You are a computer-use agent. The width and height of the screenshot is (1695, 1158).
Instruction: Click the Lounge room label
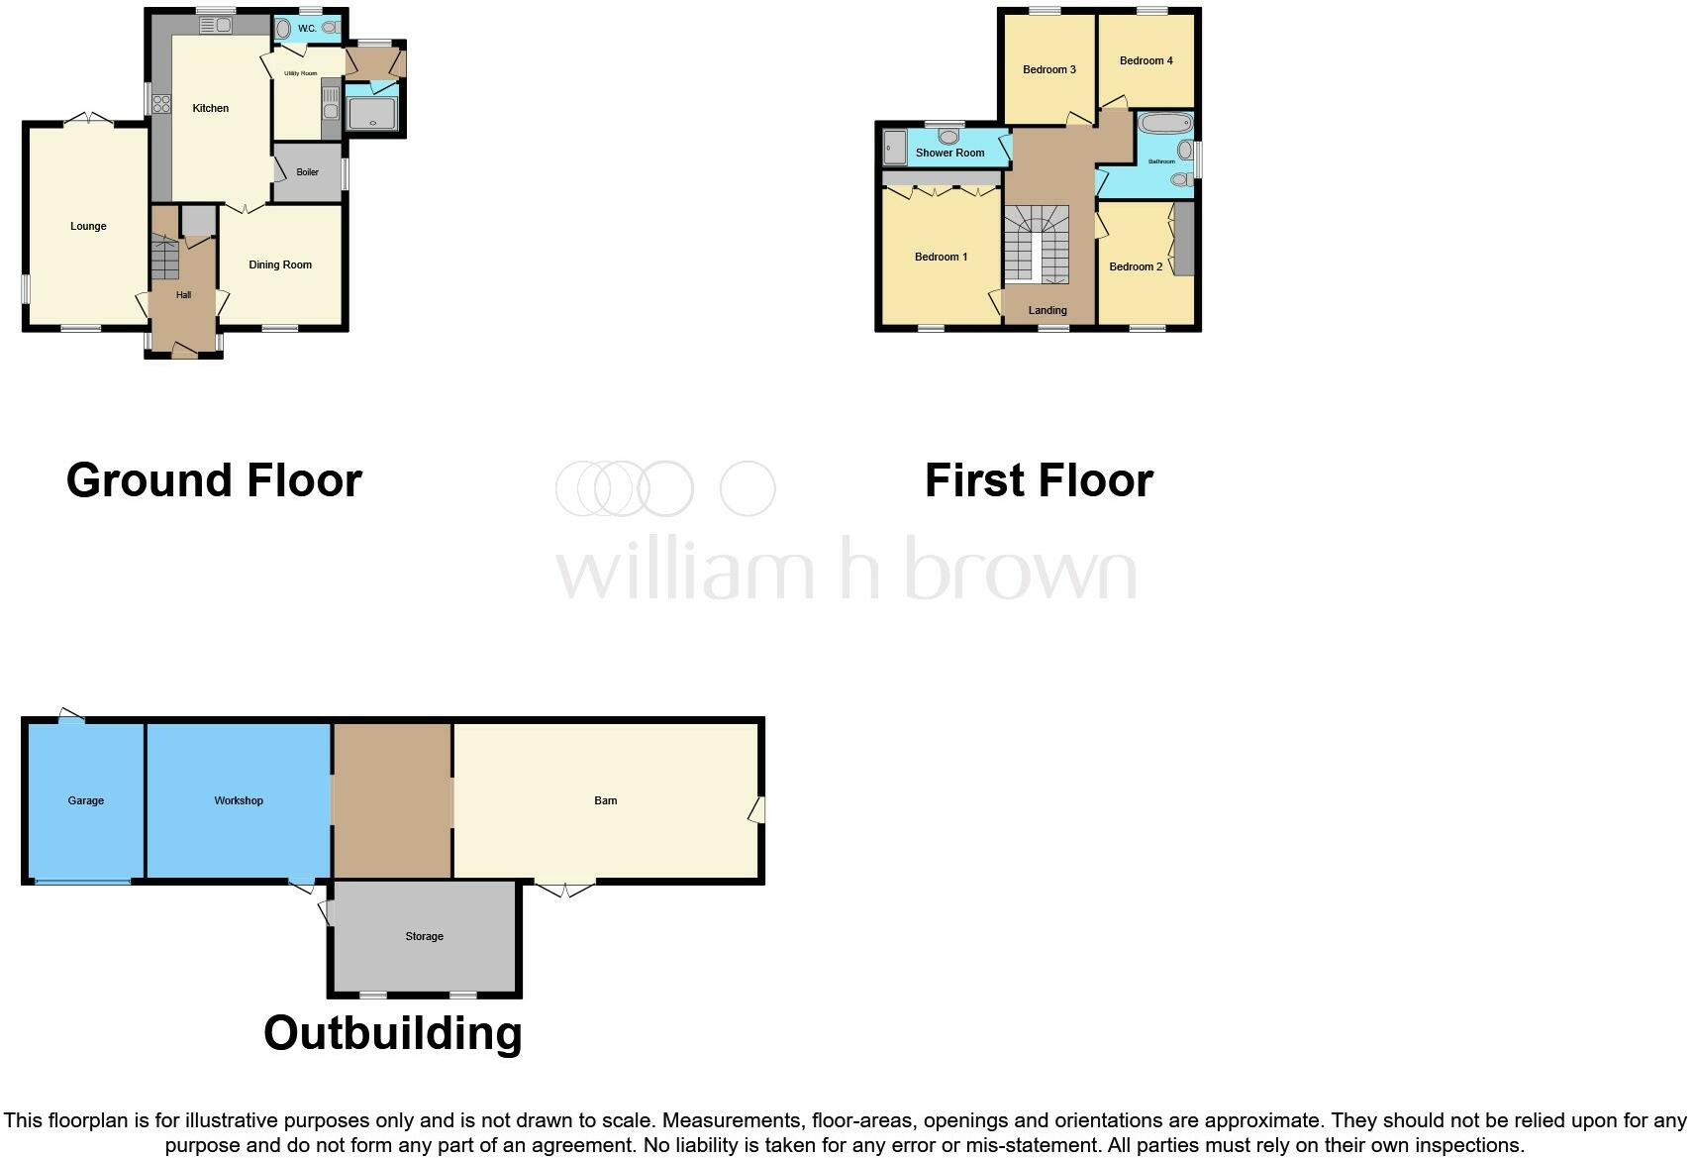pos(88,227)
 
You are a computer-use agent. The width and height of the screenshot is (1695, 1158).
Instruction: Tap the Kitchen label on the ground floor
pos(210,109)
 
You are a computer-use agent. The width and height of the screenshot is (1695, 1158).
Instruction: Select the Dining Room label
pos(280,265)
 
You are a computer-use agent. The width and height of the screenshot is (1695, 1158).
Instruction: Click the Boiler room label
pos(307,172)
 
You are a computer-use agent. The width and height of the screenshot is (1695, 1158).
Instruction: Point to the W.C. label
pos(307,29)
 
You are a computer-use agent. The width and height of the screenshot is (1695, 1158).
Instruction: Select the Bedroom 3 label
pos(1048,70)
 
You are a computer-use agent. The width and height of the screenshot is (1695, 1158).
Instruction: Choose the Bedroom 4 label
pos(1146,61)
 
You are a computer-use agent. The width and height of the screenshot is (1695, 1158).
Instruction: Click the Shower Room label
pos(949,154)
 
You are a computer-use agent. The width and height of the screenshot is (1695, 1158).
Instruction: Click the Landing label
pos(1047,311)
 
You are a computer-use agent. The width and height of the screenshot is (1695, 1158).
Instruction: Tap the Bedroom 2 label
pos(1136,267)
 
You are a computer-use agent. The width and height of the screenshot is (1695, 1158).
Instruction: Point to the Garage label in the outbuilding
pos(86,801)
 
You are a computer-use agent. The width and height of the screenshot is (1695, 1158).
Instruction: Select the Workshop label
pos(239,801)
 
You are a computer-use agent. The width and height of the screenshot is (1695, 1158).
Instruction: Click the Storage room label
pos(424,937)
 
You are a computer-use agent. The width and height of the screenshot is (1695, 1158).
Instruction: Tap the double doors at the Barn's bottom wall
pos(565,888)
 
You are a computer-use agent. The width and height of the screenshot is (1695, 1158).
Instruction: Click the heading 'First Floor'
pos(1039,481)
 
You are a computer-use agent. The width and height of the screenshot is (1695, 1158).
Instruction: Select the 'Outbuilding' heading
pos(392,1034)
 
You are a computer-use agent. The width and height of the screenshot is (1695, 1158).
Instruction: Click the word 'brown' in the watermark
pos(1020,570)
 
